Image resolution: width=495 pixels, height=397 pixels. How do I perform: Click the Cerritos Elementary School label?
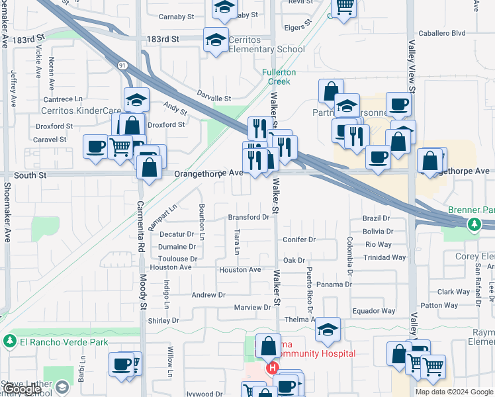(x=267, y=44)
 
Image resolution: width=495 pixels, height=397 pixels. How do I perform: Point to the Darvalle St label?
(x=212, y=98)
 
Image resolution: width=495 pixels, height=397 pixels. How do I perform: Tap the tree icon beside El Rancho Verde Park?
(x=10, y=341)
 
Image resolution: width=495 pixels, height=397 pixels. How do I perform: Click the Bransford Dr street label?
(x=249, y=217)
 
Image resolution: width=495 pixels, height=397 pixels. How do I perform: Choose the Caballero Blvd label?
(x=441, y=32)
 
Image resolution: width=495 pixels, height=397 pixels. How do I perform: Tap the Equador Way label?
(x=374, y=311)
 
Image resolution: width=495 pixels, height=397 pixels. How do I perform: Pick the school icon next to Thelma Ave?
(x=328, y=331)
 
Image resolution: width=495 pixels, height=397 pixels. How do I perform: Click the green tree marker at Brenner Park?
(x=474, y=225)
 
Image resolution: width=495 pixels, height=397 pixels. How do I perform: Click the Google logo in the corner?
(x=21, y=389)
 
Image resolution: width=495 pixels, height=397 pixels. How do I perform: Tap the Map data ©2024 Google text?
(x=454, y=392)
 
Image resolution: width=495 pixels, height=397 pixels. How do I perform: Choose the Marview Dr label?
(x=253, y=308)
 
